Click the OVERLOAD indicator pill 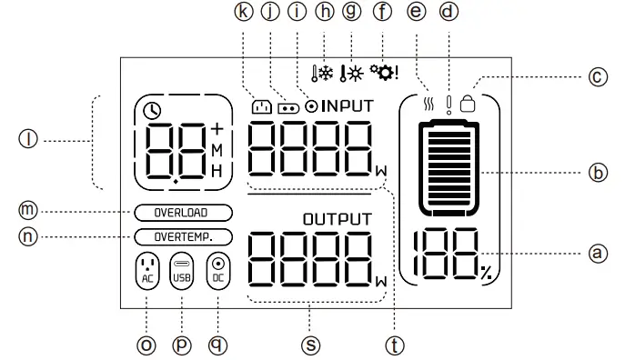[182, 213]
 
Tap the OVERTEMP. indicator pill [182, 236]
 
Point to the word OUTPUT [338, 218]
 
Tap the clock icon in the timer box [153, 111]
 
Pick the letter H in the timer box [217, 170]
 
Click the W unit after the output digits [380, 281]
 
